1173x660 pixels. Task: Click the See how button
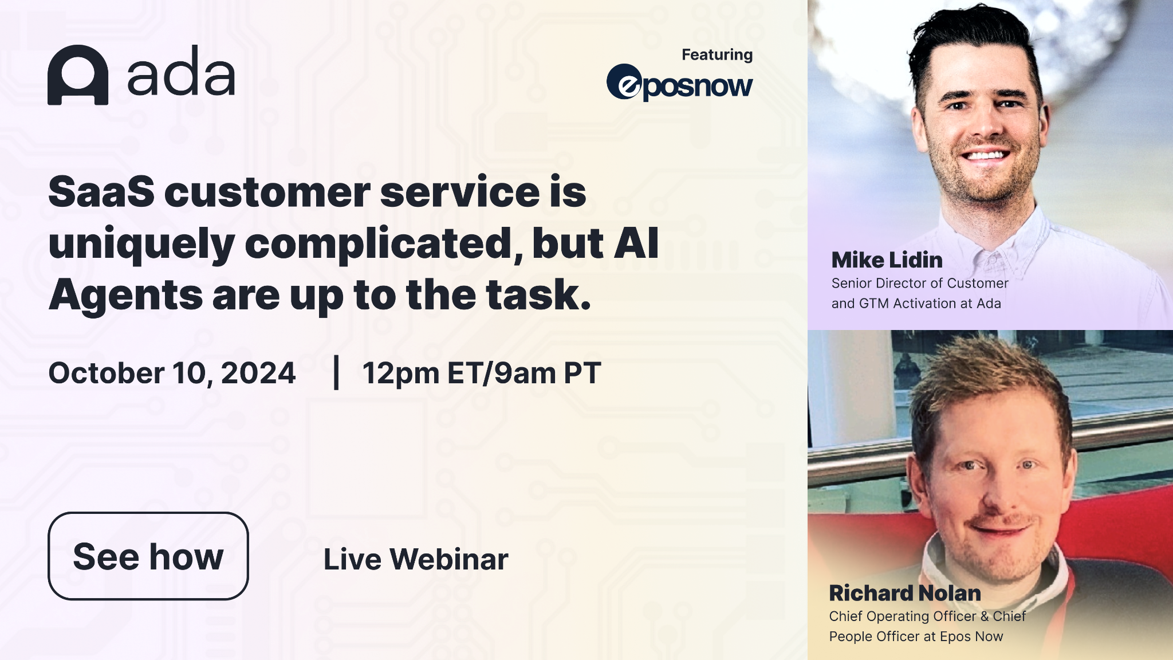148,556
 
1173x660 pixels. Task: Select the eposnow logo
679,83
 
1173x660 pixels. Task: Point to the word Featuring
717,54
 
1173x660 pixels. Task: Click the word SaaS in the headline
101,192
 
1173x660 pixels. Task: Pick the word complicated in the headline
384,243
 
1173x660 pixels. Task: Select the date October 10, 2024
172,373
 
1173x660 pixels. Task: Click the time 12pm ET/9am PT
482,373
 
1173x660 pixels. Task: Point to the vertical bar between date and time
336,372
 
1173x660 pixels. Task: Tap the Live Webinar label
416,559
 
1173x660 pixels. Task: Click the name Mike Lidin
887,260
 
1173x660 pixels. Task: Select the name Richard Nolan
905,593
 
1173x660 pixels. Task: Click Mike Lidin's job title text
920,293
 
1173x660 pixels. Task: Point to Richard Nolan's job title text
927,626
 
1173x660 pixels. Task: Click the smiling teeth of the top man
985,155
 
